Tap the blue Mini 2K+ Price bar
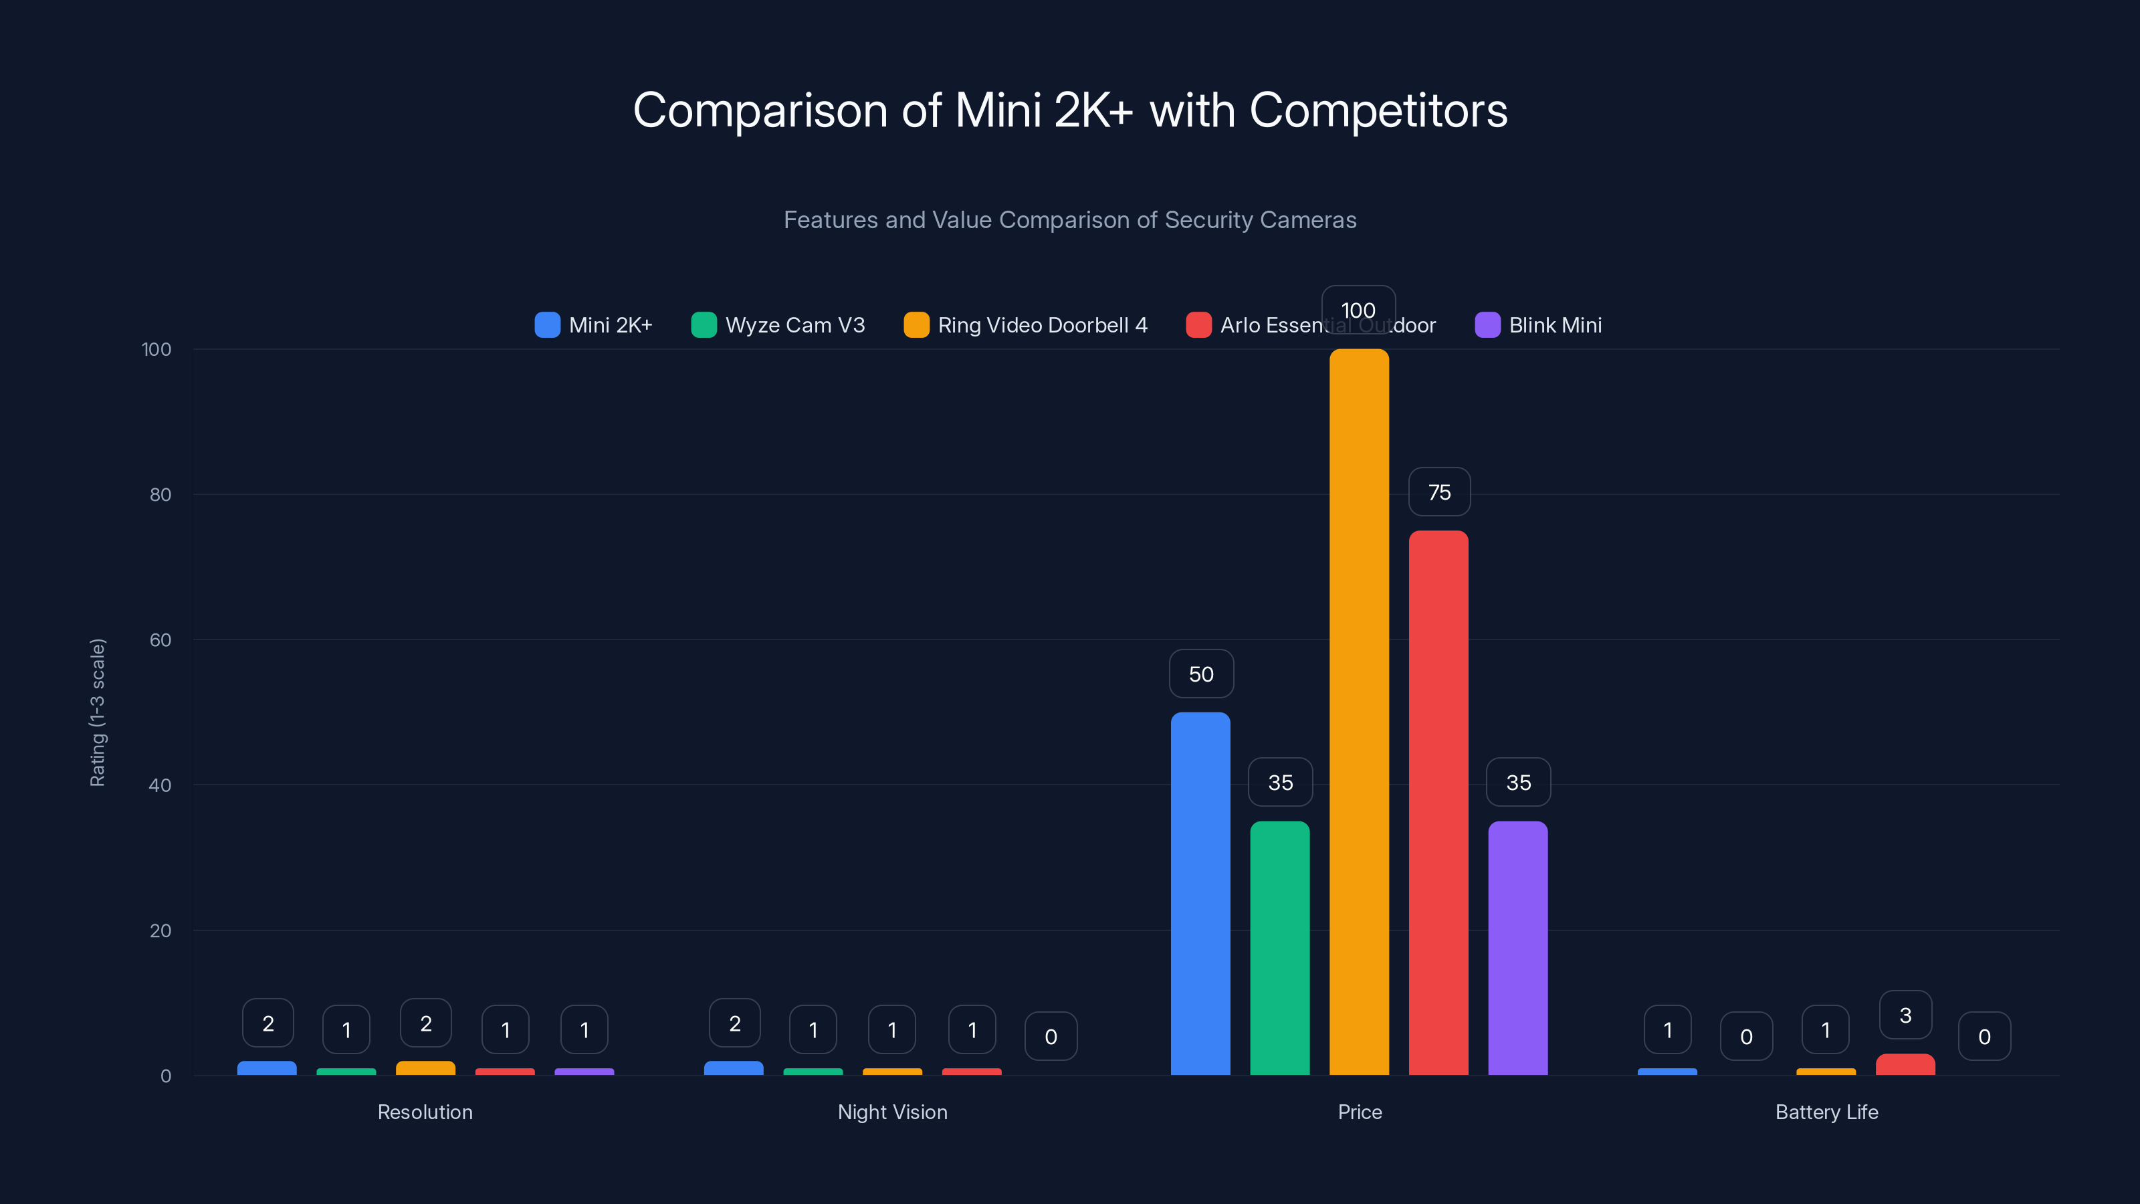pyautogui.click(x=1200, y=893)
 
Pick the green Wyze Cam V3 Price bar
pyautogui.click(x=1279, y=947)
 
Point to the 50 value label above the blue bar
pyautogui.click(x=1200, y=674)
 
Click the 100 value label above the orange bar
pyautogui.click(x=1358, y=310)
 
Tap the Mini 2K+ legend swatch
pyautogui.click(x=548, y=325)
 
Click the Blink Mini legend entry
pyautogui.click(x=1554, y=325)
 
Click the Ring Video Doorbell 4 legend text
pyautogui.click(x=1042, y=325)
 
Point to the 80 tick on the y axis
pyautogui.click(x=160, y=494)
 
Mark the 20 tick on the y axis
pyautogui.click(x=160, y=930)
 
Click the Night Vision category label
pyautogui.click(x=892, y=1112)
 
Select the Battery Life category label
pyautogui.click(x=1826, y=1112)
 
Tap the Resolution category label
pyautogui.click(x=425, y=1112)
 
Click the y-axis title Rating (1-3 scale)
pyautogui.click(x=97, y=712)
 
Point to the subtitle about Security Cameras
pyautogui.click(x=1070, y=219)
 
